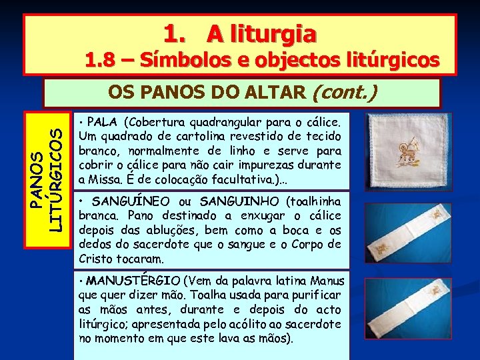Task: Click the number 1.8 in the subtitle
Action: click(99, 61)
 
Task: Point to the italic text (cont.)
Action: click(343, 92)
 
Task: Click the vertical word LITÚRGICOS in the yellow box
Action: click(59, 172)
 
